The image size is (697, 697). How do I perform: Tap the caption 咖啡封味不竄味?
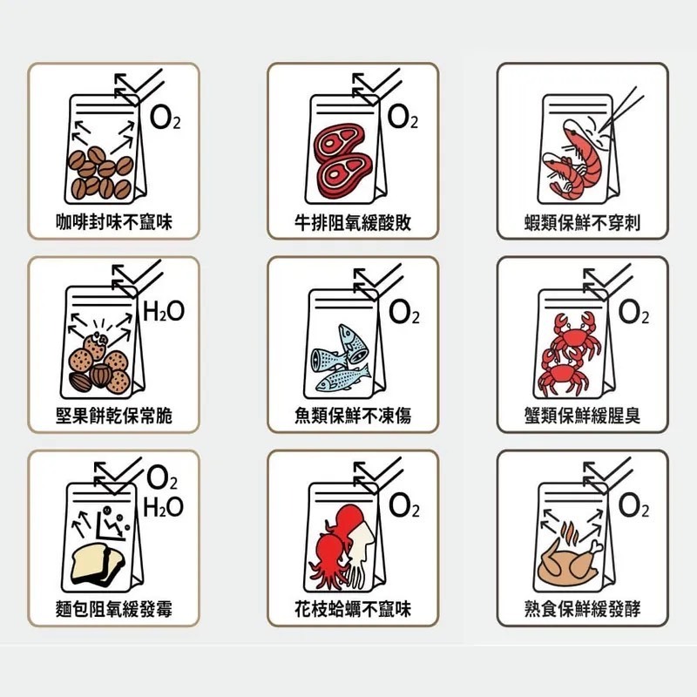(x=113, y=223)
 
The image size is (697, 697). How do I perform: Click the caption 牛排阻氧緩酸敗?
(x=352, y=223)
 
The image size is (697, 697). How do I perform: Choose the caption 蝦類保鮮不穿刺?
(x=582, y=223)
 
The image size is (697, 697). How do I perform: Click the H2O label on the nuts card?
(x=163, y=311)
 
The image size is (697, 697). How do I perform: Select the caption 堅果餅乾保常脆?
(x=113, y=416)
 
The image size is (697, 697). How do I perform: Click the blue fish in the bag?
(x=343, y=359)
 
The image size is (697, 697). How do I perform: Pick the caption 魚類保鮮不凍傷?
(x=352, y=416)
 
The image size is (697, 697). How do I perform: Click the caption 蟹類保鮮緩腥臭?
(x=582, y=416)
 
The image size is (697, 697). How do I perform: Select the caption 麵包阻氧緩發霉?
(x=113, y=609)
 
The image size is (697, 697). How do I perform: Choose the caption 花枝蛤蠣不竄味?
(x=352, y=609)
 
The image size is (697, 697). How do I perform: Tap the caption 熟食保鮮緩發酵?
(x=582, y=609)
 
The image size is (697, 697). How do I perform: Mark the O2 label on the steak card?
(x=403, y=118)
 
